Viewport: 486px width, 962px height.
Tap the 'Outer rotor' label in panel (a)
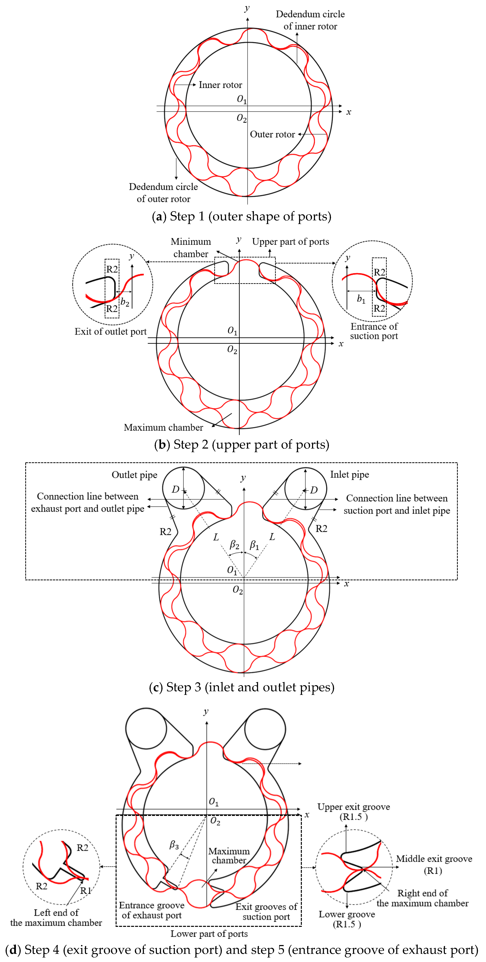(272, 135)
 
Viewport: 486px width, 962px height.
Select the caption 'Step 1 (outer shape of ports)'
(242, 217)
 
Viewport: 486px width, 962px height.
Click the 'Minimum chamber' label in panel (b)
(191, 248)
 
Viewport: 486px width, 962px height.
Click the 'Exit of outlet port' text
(110, 332)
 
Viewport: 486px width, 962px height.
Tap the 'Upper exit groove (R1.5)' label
(354, 812)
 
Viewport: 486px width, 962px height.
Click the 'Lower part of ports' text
(209, 934)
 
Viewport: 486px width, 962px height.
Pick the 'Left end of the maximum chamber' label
(56, 918)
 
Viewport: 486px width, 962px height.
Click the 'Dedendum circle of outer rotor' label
(163, 193)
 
